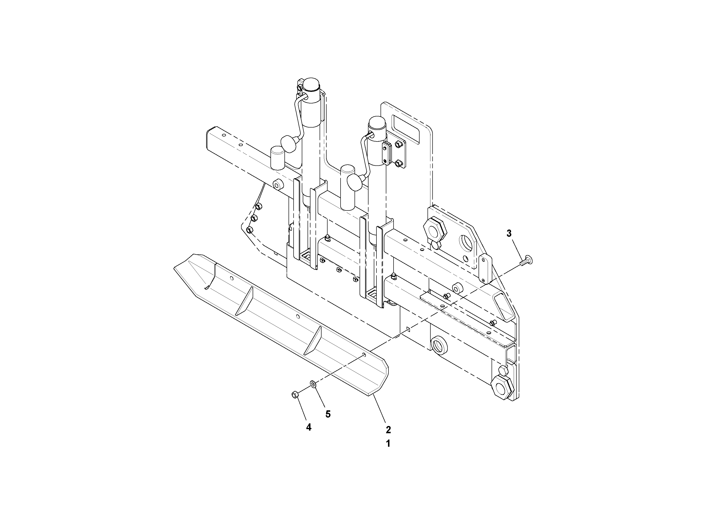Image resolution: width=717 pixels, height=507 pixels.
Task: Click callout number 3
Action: pyautogui.click(x=509, y=233)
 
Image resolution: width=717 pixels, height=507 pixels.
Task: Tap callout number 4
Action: pyautogui.click(x=309, y=427)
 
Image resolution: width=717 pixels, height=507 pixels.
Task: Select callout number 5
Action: pyautogui.click(x=328, y=414)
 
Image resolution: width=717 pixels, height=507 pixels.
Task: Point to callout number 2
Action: pyautogui.click(x=388, y=430)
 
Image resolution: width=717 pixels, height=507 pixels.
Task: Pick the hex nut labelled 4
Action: pyautogui.click(x=295, y=395)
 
